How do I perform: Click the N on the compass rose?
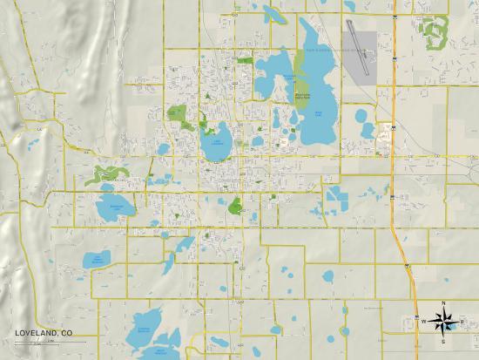coord(443,304)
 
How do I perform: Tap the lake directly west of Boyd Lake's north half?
coord(277,74)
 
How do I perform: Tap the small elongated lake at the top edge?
coord(277,14)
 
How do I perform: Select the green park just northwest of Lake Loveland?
coord(178,114)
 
